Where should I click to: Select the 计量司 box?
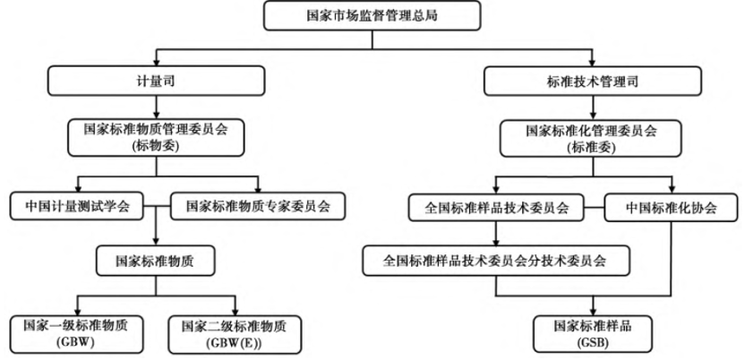coord(156,81)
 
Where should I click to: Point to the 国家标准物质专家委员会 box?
coord(258,206)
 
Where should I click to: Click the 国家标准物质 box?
coord(156,261)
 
